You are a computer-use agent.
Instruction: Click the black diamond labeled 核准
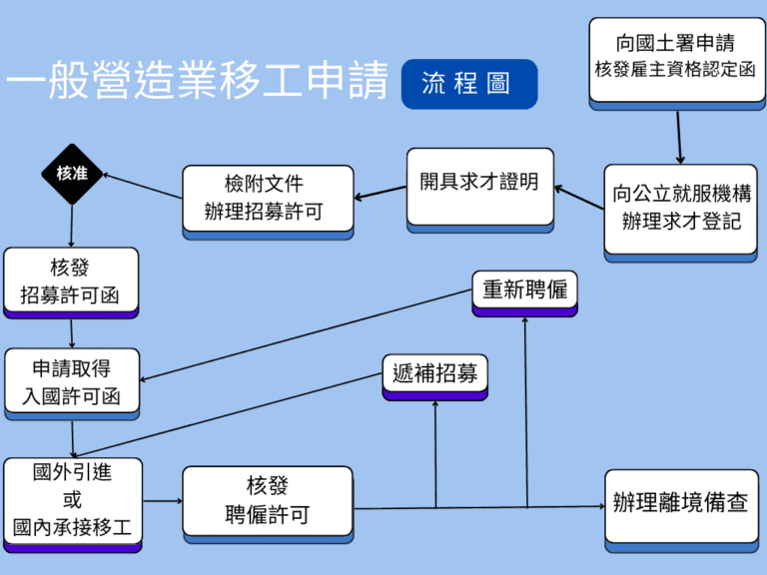[72, 174]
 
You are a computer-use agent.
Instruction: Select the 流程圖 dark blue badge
[468, 84]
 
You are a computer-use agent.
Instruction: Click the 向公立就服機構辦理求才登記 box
[681, 208]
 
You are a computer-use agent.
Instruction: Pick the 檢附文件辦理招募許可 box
[269, 198]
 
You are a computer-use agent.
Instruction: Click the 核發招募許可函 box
[70, 282]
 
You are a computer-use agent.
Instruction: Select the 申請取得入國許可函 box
[72, 381]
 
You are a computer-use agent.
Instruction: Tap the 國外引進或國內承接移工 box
[72, 500]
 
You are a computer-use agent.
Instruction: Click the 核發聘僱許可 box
[268, 500]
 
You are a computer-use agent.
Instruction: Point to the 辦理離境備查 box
[681, 503]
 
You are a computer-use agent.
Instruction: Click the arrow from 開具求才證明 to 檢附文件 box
[380, 193]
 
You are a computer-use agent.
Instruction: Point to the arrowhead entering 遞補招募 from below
[435, 405]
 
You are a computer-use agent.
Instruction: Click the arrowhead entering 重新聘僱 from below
[525, 321]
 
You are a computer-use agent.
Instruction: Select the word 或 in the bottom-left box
[72, 500]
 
